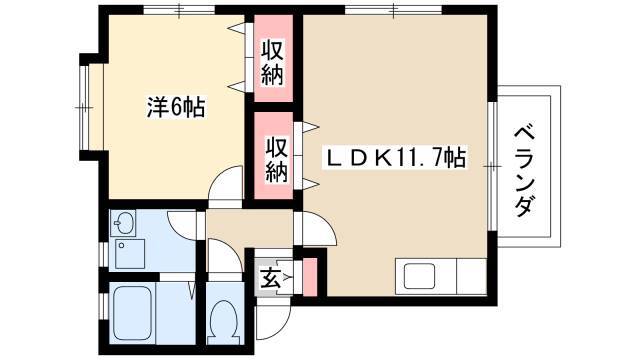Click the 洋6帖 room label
pos(176,107)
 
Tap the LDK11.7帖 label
pos(395,157)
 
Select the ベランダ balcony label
pos(524,171)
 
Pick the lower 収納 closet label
pos(277,160)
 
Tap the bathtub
pos(132,313)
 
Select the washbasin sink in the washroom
pos(123,223)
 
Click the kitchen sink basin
pos(419,276)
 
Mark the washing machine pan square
pos(130,254)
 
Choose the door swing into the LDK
pos(316,229)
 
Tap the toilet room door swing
pos(224,256)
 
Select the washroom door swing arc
pos(184,225)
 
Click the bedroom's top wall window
pos(179,10)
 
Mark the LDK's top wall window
pos(393,10)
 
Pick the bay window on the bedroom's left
pos(84,107)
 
